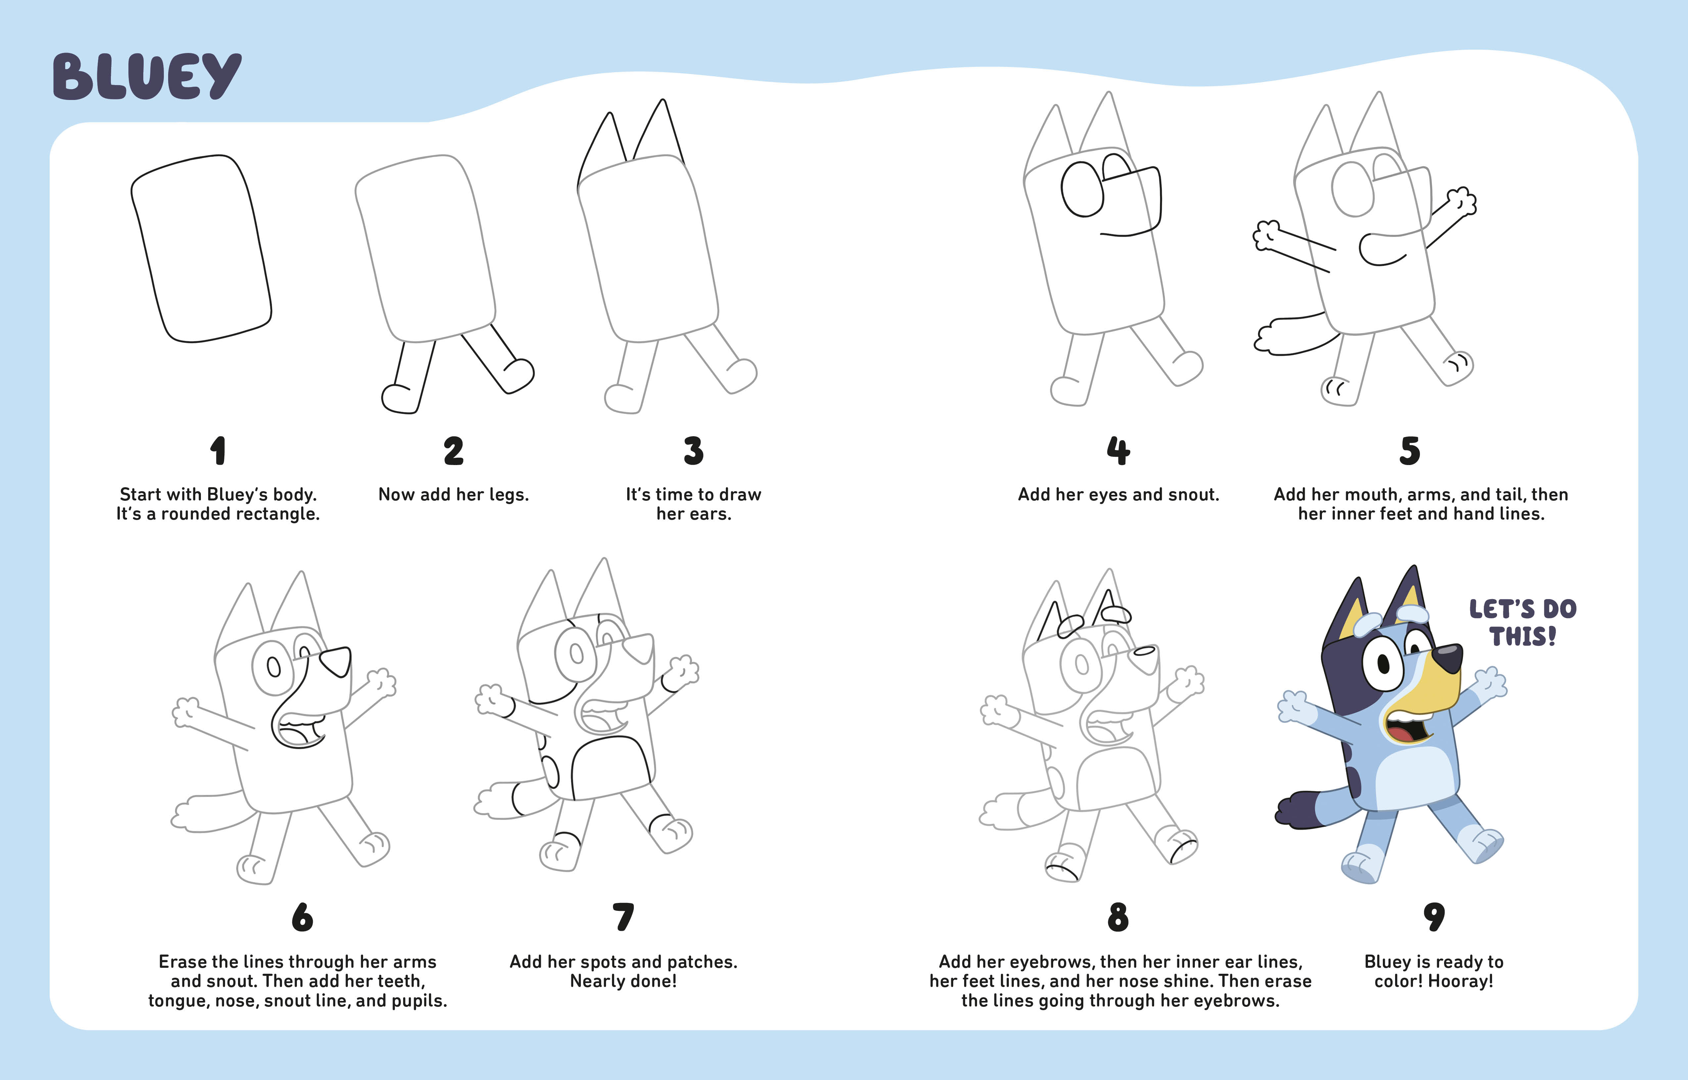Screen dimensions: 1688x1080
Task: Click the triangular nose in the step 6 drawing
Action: tap(336, 661)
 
